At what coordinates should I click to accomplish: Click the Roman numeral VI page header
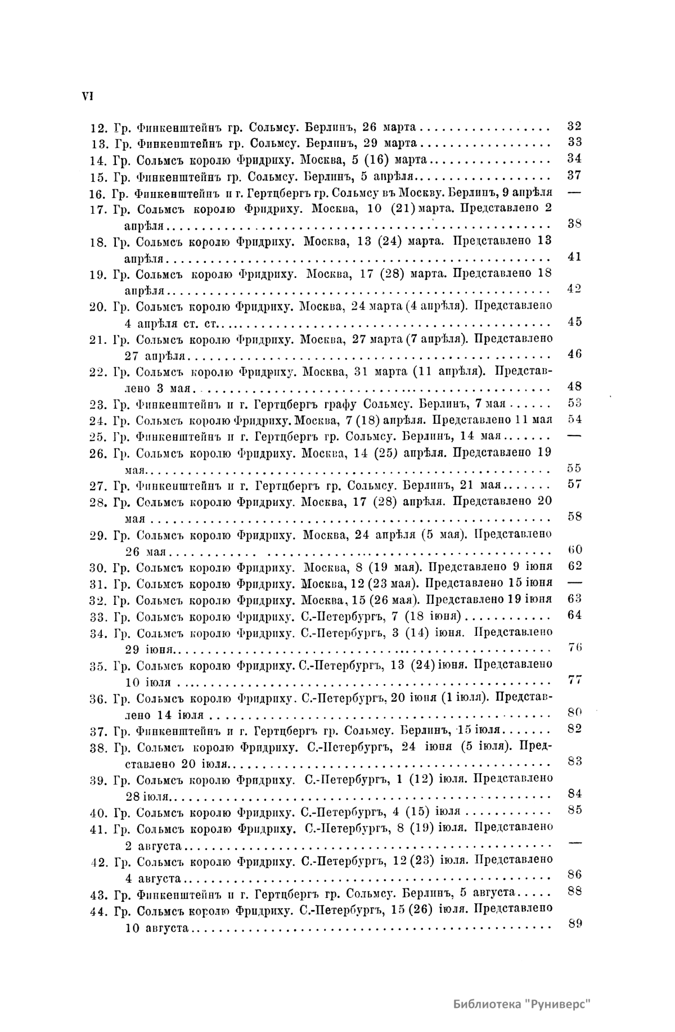click(87, 96)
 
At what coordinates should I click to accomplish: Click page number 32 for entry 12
click(574, 126)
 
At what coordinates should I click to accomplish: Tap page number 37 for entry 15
click(574, 175)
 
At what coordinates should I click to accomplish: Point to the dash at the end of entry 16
click(574, 191)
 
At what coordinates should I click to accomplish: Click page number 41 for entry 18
click(574, 257)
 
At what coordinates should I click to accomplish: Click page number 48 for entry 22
click(574, 387)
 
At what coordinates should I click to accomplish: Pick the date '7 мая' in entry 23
click(493, 403)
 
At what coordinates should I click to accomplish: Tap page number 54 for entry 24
click(574, 419)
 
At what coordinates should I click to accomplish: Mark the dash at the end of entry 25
click(574, 436)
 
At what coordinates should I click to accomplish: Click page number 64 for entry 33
click(574, 614)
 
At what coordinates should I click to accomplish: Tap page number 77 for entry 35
click(574, 680)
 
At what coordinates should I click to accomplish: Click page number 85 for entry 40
click(574, 810)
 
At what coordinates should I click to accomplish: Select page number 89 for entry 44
click(574, 923)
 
